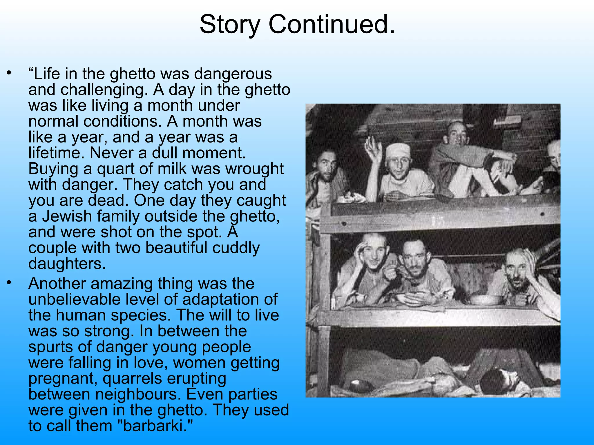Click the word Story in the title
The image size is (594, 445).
click(x=229, y=25)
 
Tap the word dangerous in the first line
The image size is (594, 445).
click(x=233, y=74)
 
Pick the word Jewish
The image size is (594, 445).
click(x=67, y=216)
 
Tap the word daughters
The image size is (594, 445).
click(x=67, y=264)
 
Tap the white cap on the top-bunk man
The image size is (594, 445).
click(x=398, y=150)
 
